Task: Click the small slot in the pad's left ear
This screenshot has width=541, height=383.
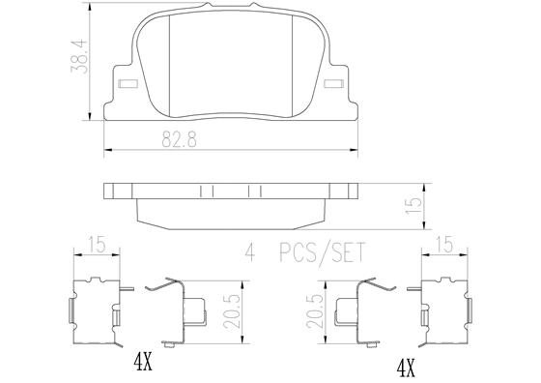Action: (122, 84)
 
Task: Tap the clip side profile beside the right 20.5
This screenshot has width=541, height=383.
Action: (356, 310)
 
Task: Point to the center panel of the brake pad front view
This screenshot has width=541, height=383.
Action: (233, 68)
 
